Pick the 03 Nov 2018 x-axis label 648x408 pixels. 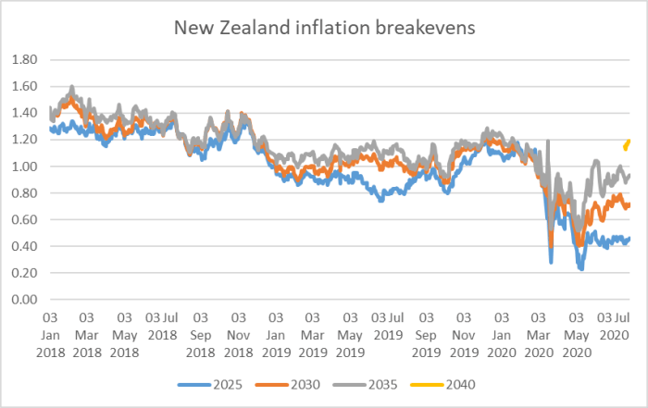click(x=238, y=329)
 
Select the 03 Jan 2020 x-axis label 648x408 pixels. click(x=501, y=329)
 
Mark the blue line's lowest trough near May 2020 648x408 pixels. click(x=580, y=267)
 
